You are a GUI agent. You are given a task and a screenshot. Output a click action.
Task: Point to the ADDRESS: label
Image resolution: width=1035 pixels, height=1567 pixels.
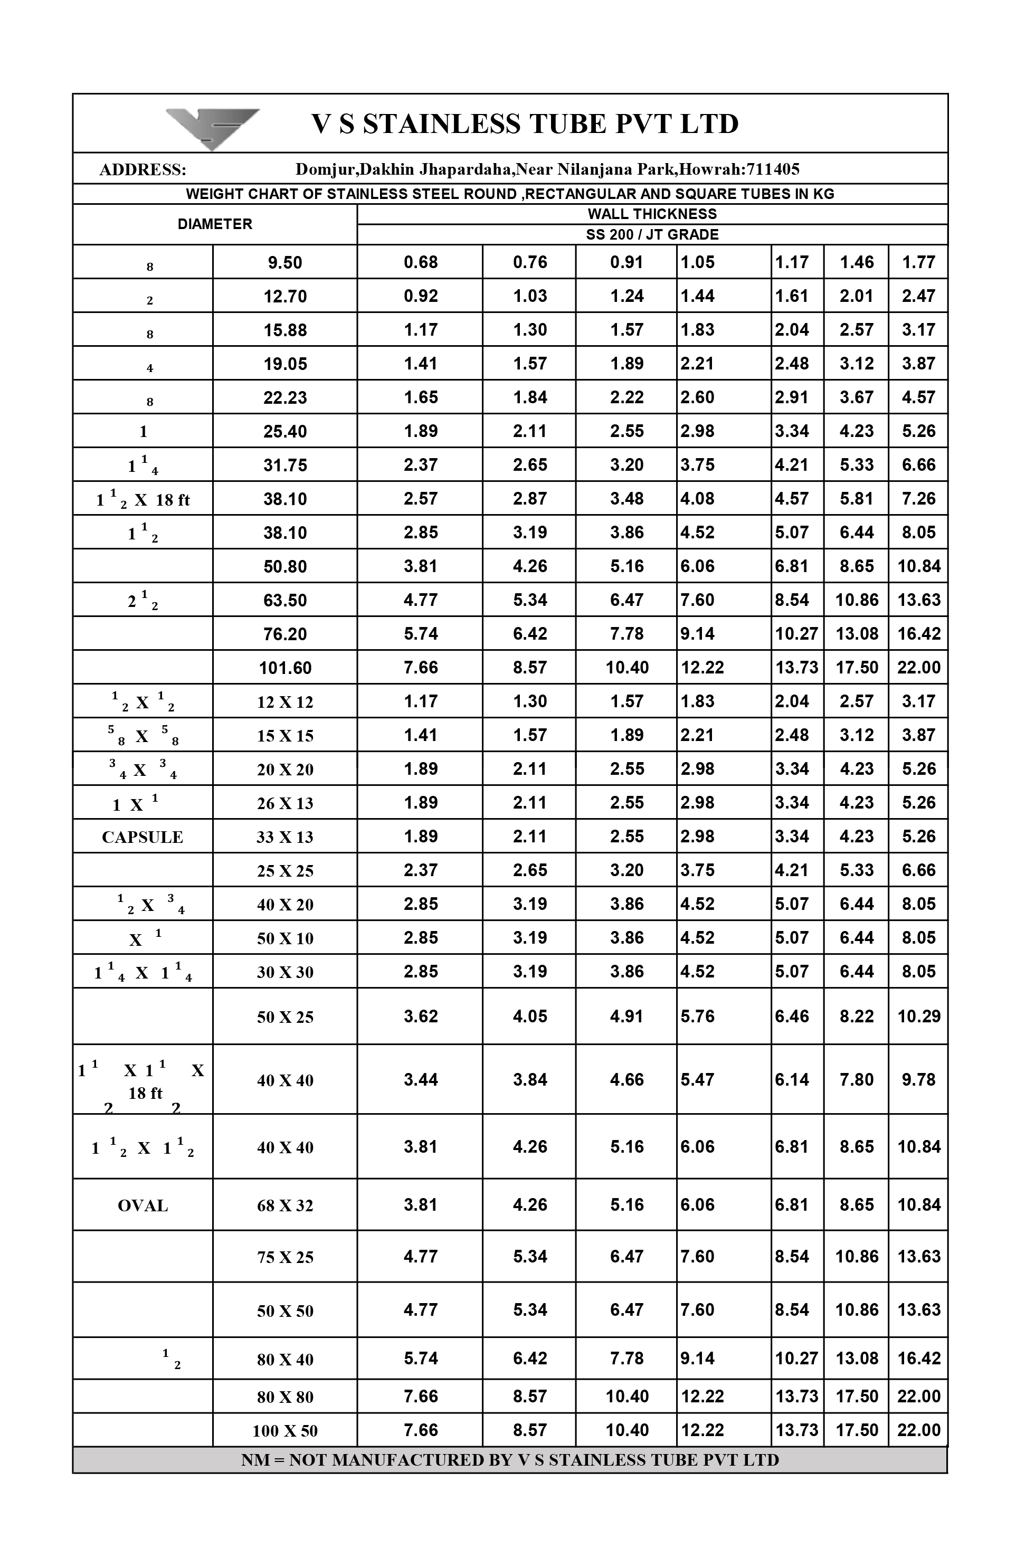pyautogui.click(x=143, y=170)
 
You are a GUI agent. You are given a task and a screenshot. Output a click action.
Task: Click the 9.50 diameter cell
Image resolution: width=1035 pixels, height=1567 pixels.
pyautogui.click(x=284, y=263)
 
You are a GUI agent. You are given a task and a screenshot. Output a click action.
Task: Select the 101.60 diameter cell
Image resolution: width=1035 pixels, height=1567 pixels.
pyautogui.click(x=284, y=668)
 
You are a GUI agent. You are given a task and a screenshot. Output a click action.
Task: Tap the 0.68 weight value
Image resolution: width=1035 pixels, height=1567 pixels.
pyautogui.click(x=421, y=263)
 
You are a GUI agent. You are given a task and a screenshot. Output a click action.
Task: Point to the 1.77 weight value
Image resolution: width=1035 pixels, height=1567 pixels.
pyautogui.click(x=918, y=263)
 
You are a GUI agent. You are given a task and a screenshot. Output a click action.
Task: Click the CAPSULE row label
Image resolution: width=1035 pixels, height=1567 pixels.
pyautogui.click(x=143, y=837)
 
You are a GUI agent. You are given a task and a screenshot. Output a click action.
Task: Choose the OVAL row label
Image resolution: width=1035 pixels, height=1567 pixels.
pyautogui.click(x=143, y=1206)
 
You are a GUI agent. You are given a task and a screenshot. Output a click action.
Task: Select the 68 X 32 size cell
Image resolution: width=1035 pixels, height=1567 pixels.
pyautogui.click(x=284, y=1206)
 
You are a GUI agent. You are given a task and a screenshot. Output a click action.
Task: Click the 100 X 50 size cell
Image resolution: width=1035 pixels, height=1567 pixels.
pyautogui.click(x=284, y=1431)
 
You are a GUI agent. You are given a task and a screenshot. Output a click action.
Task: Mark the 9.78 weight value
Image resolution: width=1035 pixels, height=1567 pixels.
pyautogui.click(x=918, y=1080)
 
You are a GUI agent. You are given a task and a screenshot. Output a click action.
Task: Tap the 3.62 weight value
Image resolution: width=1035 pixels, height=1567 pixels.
pyautogui.click(x=421, y=1017)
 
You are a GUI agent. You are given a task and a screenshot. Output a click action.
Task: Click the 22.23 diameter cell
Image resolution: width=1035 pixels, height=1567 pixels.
pyautogui.click(x=284, y=398)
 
